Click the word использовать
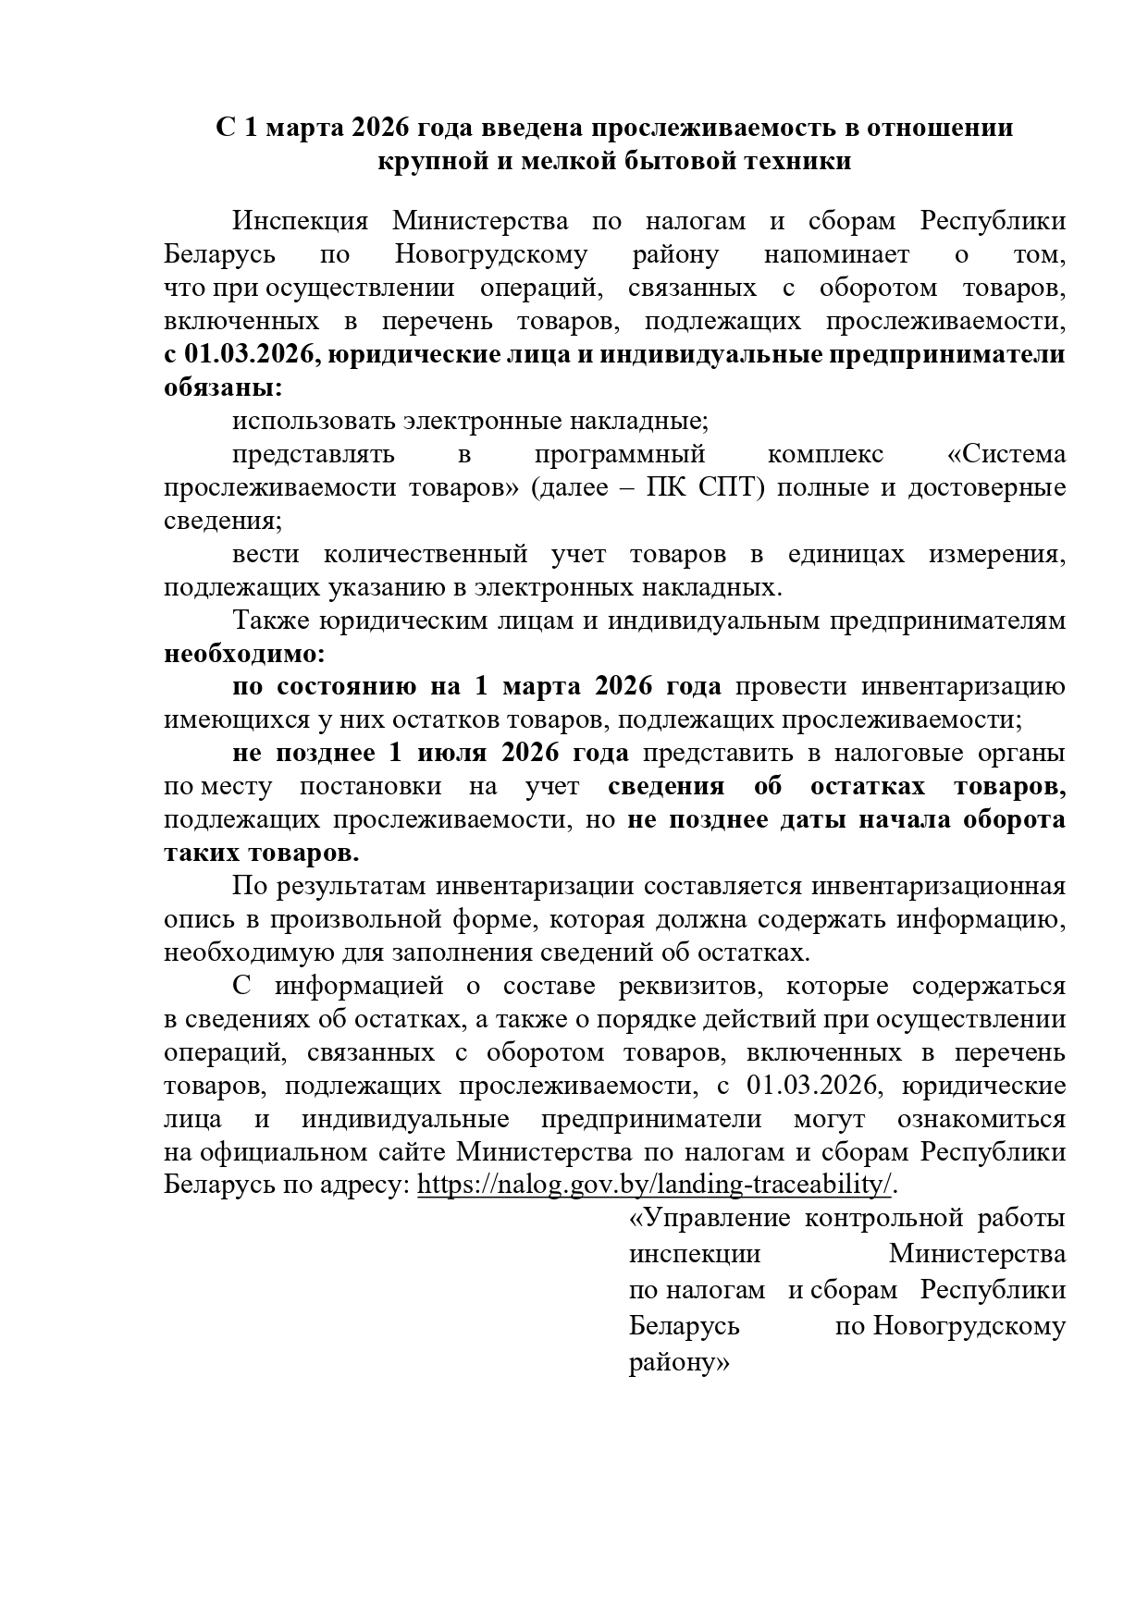click(314, 421)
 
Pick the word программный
click(619, 454)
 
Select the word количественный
click(426, 554)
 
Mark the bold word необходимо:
click(244, 654)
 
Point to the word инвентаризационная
click(938, 886)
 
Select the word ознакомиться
click(981, 1119)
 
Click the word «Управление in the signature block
click(709, 1218)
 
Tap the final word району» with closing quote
click(679, 1362)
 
